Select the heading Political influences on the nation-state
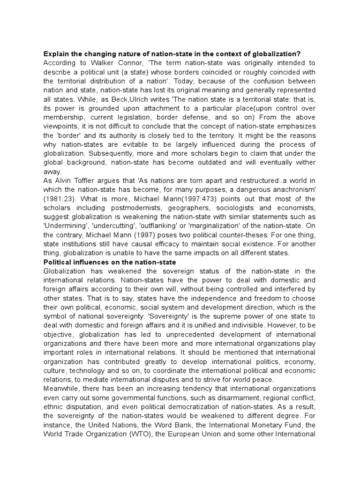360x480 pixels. (109, 262)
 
